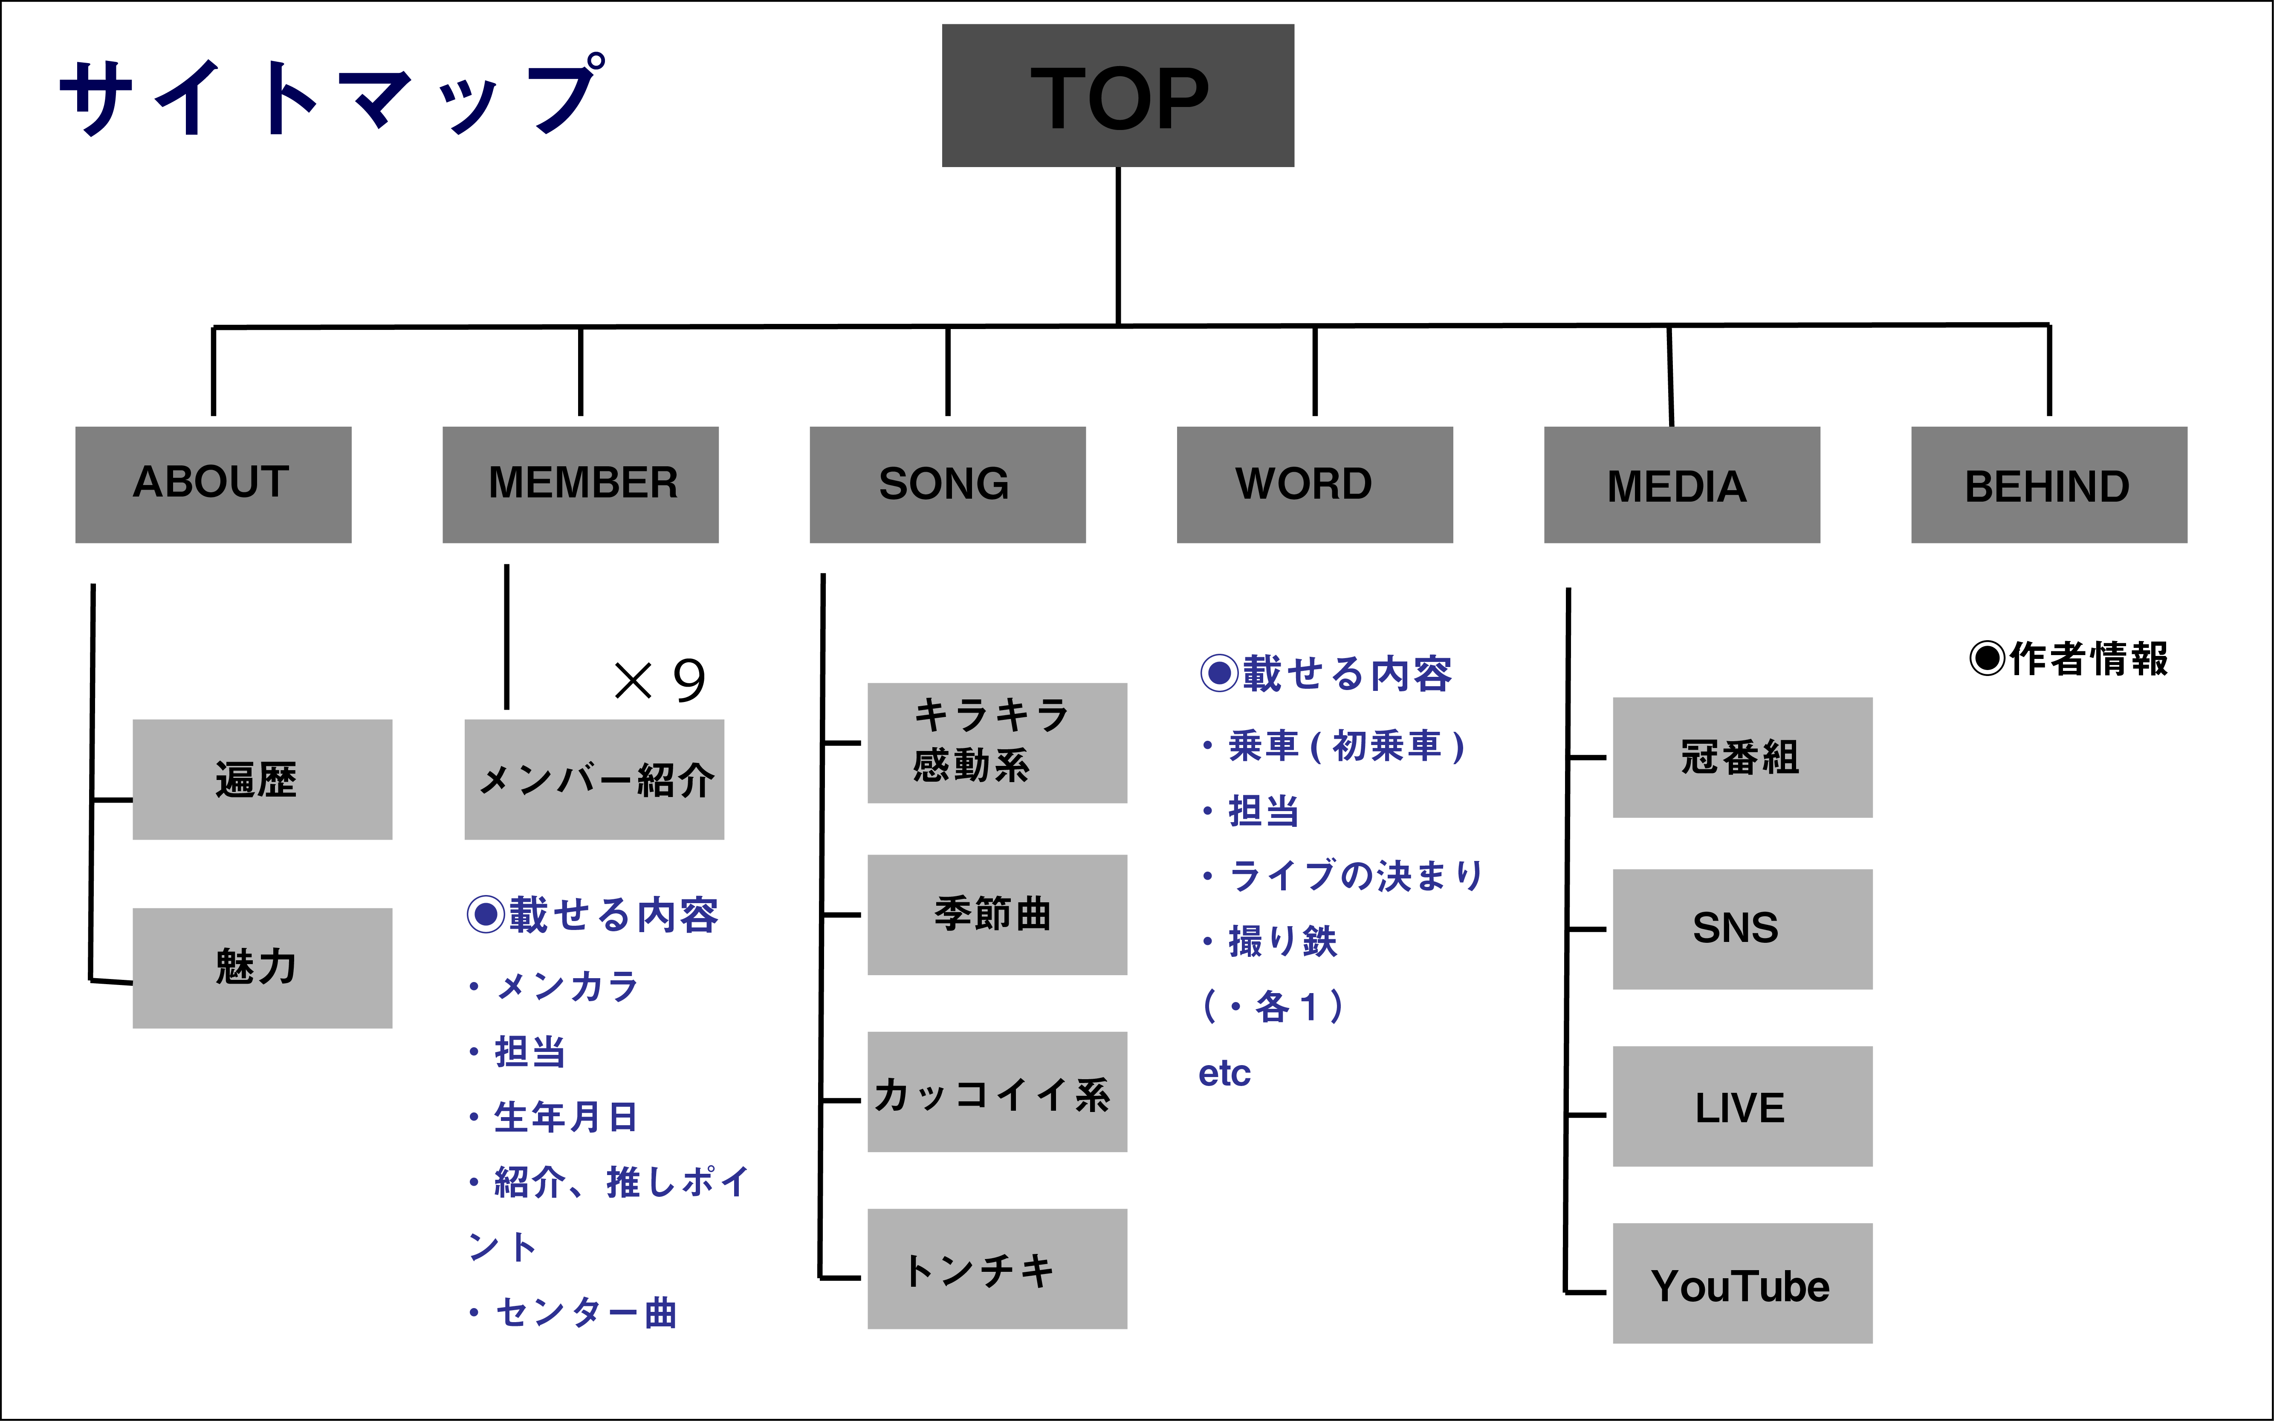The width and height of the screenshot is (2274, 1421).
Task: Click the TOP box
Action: coord(1118,96)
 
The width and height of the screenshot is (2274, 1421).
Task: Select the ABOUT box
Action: coord(214,484)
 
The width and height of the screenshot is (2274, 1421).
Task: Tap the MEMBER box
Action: coord(580,484)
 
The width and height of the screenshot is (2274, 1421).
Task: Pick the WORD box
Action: coord(1314,484)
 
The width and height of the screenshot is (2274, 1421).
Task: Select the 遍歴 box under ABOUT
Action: coord(262,779)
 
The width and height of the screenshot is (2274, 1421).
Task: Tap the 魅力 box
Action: coord(262,967)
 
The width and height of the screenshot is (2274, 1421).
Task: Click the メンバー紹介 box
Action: coord(594,779)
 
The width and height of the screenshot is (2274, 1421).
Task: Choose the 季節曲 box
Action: coord(996,914)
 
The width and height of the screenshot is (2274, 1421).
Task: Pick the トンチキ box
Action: coord(996,1269)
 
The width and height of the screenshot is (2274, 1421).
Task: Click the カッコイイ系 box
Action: coord(996,1092)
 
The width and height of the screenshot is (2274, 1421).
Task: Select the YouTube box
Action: coord(1742,1284)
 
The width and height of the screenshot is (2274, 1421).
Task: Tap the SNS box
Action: coord(1742,929)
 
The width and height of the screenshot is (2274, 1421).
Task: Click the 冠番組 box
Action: coord(1742,757)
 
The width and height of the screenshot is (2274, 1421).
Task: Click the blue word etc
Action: coord(1224,1073)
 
